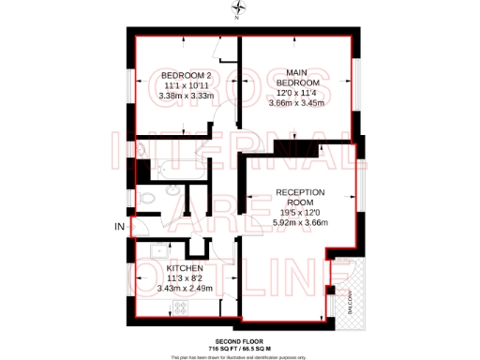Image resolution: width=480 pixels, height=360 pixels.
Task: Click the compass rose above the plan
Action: pos(239,12)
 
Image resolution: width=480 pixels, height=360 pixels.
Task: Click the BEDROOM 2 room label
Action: pos(184,75)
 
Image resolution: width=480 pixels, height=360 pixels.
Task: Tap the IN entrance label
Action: pos(119,227)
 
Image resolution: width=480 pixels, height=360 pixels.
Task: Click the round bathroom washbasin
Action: pos(150,199)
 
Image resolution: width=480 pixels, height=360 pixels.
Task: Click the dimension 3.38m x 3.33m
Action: pos(183,95)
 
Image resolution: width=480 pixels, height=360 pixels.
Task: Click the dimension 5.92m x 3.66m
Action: pos(299,222)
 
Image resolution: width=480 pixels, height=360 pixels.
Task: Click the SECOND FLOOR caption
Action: pos(239,339)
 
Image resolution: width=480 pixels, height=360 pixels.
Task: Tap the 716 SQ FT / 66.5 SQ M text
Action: pos(239,347)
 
